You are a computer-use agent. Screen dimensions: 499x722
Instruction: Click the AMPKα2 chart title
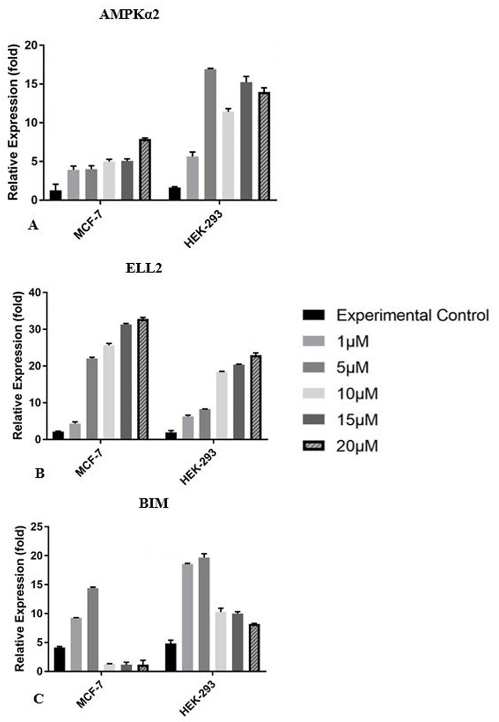point(129,15)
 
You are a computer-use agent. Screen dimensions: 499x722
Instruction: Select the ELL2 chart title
point(144,268)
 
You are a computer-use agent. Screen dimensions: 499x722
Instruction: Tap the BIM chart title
point(153,503)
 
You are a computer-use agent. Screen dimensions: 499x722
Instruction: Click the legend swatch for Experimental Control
point(314,315)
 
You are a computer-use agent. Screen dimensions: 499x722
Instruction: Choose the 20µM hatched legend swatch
point(314,446)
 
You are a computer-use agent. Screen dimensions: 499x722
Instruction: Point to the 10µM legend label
point(357,394)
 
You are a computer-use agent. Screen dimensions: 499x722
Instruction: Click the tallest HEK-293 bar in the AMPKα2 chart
point(211,134)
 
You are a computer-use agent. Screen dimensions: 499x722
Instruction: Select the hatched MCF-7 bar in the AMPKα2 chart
point(145,170)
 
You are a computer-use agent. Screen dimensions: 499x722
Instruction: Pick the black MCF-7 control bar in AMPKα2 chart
point(55,195)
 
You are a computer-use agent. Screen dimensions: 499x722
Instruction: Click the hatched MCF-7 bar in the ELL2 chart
point(142,379)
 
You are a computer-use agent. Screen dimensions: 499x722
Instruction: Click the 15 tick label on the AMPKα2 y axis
point(32,84)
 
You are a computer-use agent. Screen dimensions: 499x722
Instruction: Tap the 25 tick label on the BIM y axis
point(38,527)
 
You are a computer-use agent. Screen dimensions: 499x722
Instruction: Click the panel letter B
point(39,473)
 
